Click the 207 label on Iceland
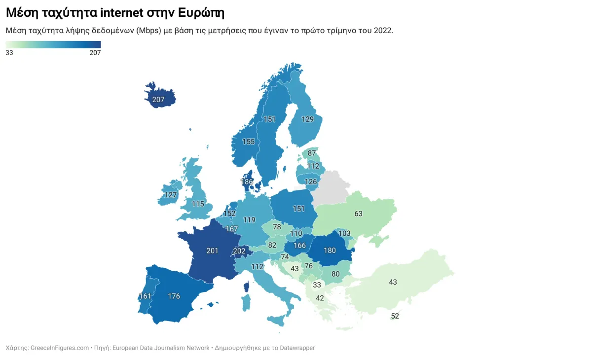click(158, 100)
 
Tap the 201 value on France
click(212, 251)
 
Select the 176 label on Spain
click(174, 296)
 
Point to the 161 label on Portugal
click(145, 296)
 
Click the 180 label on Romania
click(330, 250)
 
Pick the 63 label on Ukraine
click(358, 214)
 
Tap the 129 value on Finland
click(307, 119)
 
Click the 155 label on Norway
click(248, 142)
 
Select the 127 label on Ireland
click(171, 195)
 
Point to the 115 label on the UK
click(198, 204)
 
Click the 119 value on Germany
click(249, 220)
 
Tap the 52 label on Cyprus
click(395, 316)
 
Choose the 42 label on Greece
click(320, 298)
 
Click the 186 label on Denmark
click(247, 182)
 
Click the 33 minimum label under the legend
click(9, 53)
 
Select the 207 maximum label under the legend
click(95, 53)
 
